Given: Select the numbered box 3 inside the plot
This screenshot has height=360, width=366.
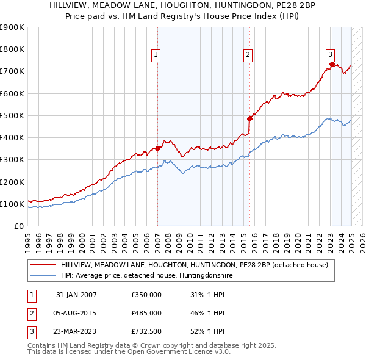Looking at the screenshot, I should coord(330,54).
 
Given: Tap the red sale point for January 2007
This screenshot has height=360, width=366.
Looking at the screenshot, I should coord(158,148).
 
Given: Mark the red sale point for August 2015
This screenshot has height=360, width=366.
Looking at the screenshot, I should coord(249,118).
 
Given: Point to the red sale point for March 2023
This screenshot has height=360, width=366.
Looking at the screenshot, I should coord(332,64).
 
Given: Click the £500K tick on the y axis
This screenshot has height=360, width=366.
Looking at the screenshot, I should coord(12,115).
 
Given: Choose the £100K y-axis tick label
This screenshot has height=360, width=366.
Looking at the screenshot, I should coord(12,204).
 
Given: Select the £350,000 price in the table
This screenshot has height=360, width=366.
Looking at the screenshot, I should coord(146,295).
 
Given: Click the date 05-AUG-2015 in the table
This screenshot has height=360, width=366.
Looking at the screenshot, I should coord(76,313).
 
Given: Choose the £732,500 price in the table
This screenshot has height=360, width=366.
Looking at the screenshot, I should coord(146,331).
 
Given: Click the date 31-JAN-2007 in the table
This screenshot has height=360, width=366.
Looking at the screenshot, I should coord(76,295).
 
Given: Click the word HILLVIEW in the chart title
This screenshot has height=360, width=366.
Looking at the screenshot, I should coord(80,4).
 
